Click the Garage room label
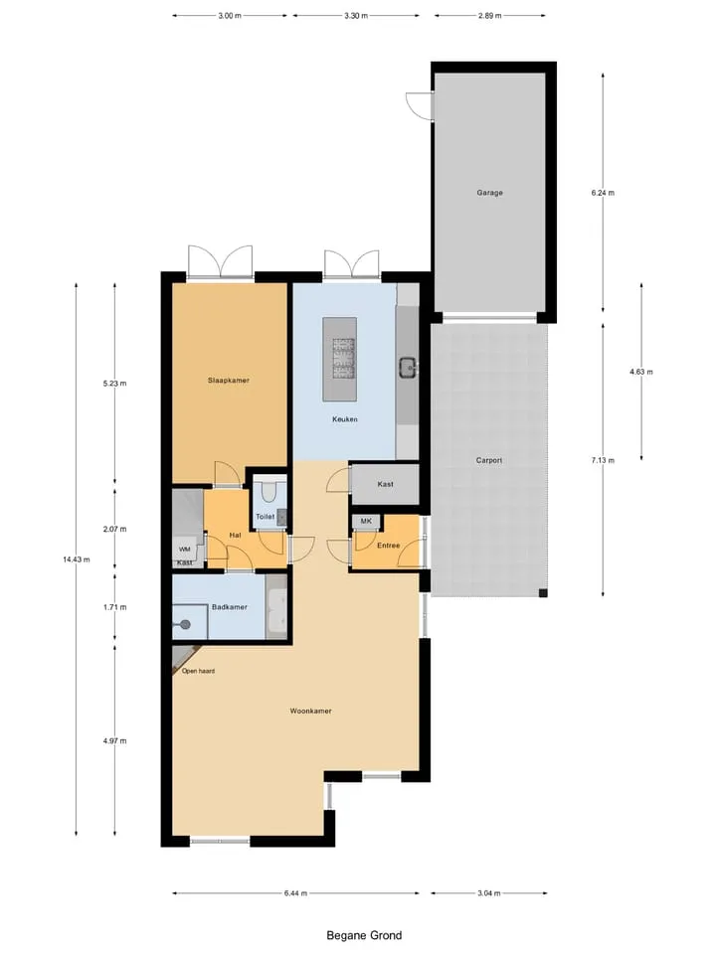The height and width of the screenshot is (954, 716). (489, 193)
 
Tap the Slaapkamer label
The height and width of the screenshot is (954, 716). (229, 381)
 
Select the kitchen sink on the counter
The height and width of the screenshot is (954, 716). (408, 368)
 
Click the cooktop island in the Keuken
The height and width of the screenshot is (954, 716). (340, 359)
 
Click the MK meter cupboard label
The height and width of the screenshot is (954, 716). (366, 522)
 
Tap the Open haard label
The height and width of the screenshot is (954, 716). (198, 671)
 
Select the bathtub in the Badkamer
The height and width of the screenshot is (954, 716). (275, 606)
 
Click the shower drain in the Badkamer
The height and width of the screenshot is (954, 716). (185, 624)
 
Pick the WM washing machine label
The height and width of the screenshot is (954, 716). (185, 550)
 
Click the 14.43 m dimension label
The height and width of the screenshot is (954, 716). (77, 559)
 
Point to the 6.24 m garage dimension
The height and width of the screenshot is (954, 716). (603, 193)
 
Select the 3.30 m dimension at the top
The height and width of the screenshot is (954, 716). (356, 16)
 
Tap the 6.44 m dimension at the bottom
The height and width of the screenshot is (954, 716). (295, 893)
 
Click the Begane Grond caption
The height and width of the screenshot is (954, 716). (364, 935)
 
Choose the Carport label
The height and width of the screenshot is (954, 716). (489, 460)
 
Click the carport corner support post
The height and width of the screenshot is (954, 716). (543, 592)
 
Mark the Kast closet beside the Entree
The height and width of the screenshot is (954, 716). (386, 484)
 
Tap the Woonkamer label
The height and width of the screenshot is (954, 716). (310, 711)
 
